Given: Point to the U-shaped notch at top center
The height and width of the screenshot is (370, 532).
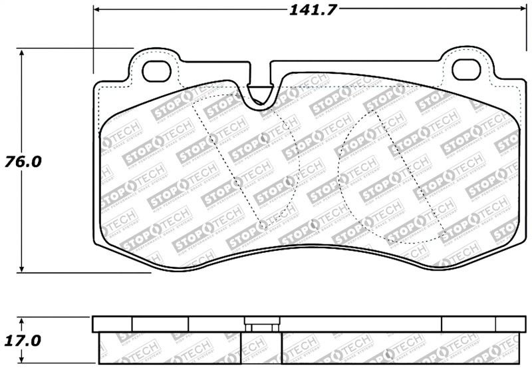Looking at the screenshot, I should click(261, 93).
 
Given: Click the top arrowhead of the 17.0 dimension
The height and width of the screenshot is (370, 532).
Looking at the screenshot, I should click(22, 320).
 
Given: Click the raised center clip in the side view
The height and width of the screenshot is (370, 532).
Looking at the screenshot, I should click(261, 325).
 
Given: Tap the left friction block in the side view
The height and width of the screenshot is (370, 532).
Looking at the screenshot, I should click(169, 349).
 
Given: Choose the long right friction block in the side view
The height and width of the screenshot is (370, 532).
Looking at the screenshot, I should click(399, 349).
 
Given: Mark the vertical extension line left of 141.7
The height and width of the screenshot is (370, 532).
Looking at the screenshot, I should click(93, 40).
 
